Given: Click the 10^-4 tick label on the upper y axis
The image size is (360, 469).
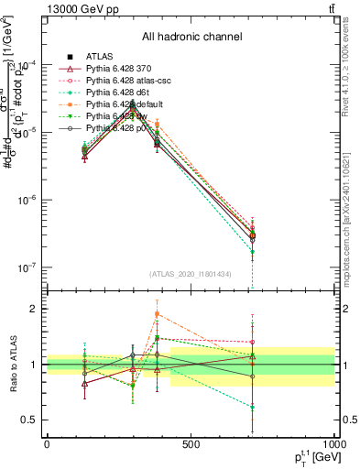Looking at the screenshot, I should coord(29,64).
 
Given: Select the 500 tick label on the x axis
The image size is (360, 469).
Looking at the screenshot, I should coord(191,444).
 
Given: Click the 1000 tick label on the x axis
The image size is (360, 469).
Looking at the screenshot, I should coord(333,444).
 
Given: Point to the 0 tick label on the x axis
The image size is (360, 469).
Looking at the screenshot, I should coord(47,444).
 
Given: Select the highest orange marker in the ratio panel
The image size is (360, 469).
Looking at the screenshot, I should coord(157,314).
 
